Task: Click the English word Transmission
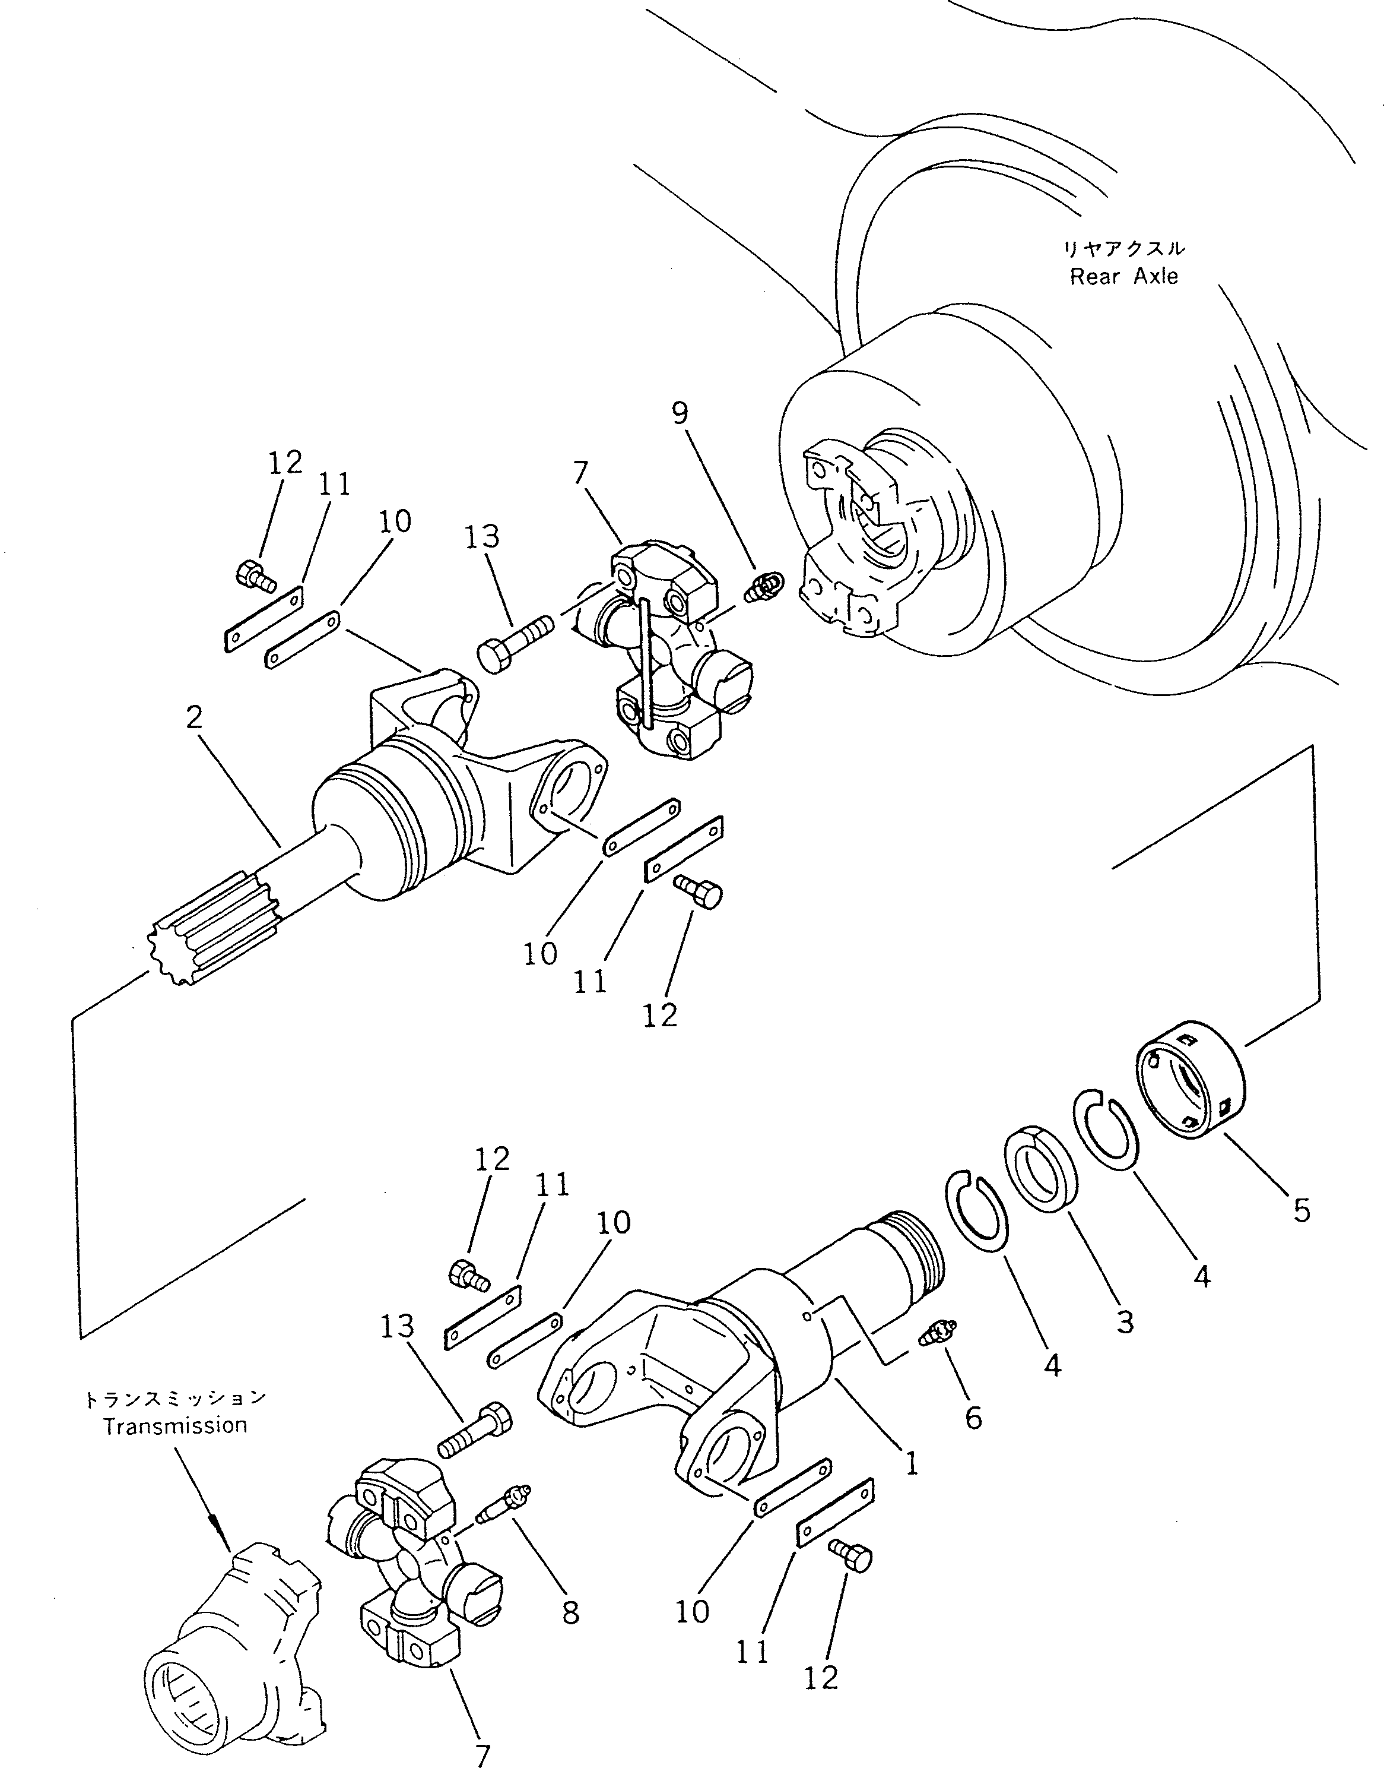[175, 1425]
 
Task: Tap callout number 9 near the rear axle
[680, 413]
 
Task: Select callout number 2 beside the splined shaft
[193, 717]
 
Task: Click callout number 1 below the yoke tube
[912, 1463]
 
